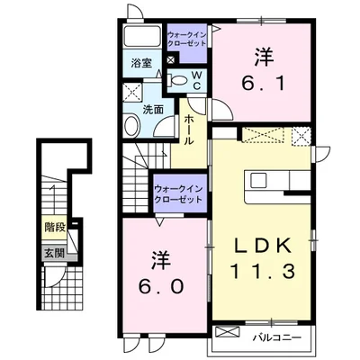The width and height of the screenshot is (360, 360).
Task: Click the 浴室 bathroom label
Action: [141, 63]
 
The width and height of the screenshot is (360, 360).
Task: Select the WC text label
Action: [197, 80]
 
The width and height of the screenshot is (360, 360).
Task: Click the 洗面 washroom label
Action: [153, 110]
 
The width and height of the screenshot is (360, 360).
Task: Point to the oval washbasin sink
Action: [132, 125]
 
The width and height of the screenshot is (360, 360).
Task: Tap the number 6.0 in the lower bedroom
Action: [161, 273]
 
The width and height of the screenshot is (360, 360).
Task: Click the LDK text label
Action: [263, 246]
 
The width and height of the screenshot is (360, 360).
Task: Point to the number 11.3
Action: [263, 272]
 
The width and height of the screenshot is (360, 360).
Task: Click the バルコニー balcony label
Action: [276, 338]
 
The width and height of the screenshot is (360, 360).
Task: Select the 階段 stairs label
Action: [55, 228]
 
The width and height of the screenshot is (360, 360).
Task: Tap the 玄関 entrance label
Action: [55, 254]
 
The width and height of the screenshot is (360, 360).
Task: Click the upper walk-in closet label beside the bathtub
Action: [187, 39]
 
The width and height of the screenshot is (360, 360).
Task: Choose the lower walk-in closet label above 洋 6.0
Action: [178, 193]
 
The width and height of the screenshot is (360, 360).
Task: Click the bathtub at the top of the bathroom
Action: [142, 36]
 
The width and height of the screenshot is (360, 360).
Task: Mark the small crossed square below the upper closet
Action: [170, 59]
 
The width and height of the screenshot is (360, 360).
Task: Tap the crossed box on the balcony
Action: [228, 332]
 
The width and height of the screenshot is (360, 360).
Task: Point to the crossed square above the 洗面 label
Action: [132, 93]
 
